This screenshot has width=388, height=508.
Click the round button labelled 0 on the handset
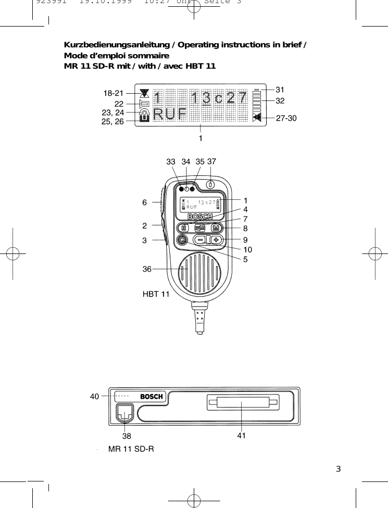click(x=210, y=184)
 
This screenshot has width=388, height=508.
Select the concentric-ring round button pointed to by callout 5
click(x=182, y=240)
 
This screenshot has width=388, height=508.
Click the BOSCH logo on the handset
click(x=200, y=217)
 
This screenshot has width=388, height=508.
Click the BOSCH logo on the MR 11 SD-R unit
click(x=152, y=397)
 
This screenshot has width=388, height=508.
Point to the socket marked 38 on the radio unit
click(x=124, y=414)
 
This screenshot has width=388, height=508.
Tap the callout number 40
click(x=94, y=397)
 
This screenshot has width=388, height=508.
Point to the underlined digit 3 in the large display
click(x=206, y=97)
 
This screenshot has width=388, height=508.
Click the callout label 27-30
click(x=286, y=118)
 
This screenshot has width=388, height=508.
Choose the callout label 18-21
click(x=113, y=94)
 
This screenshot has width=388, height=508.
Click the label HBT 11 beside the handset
click(x=156, y=294)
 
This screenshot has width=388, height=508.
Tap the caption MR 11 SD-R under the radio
click(x=131, y=449)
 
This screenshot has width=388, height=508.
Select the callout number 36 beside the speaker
click(x=147, y=269)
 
